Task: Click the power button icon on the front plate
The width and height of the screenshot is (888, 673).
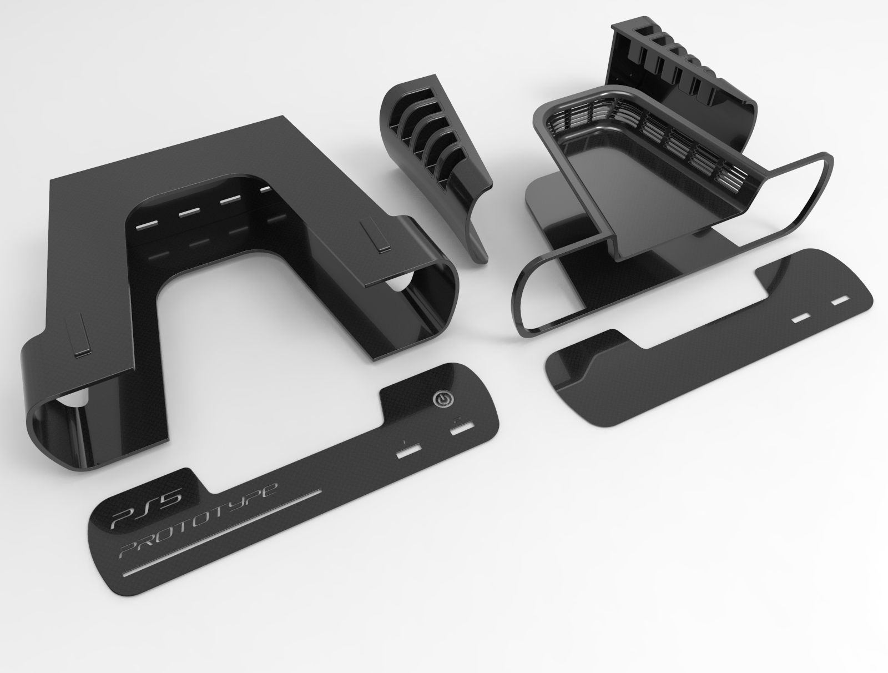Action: tap(442, 399)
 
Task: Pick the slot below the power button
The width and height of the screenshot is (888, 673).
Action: tap(460, 429)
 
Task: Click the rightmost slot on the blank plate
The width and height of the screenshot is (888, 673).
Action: tap(840, 300)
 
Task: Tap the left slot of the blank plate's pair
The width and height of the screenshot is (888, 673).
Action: tap(801, 318)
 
